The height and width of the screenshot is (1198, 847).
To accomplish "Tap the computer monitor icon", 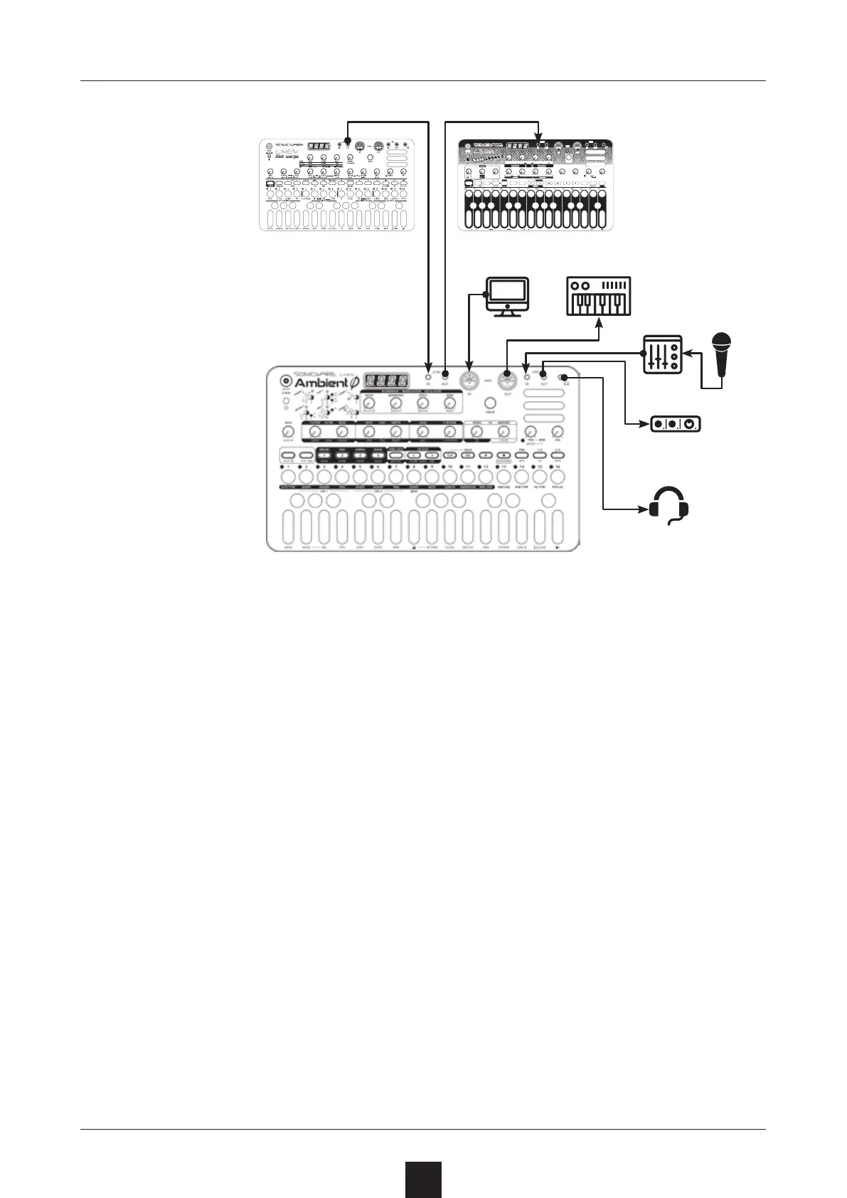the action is point(506,295).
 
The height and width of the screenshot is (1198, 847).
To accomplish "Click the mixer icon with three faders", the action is point(662,354).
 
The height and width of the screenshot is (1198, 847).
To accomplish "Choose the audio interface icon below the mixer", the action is point(676,424).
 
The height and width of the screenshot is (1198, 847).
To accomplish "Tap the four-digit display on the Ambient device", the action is point(386,381).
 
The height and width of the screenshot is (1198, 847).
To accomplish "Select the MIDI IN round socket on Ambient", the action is point(469,379).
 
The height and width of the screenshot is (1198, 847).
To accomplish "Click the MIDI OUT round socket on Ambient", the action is point(506,379).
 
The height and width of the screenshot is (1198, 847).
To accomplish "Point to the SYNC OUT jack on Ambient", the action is point(445,373).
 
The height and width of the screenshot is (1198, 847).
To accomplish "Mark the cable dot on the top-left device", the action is point(348,141).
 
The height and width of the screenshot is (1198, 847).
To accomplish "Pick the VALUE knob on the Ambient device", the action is point(489,404).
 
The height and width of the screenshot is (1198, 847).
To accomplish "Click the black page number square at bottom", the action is point(424,1179).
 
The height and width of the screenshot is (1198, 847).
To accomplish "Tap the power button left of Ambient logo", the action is point(286,378).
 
